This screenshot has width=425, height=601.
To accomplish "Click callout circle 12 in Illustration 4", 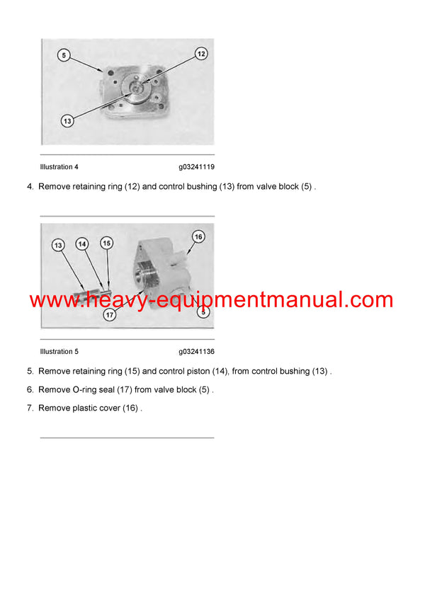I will [200, 54].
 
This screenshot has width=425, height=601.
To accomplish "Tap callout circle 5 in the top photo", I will [64, 55].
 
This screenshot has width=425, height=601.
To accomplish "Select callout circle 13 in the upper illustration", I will [67, 121].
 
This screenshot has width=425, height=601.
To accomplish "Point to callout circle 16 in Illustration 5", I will [198, 236].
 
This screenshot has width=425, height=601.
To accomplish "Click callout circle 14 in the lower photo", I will [82, 244].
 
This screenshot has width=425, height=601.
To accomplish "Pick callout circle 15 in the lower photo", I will [106, 243].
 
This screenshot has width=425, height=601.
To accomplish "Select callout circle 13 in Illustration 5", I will [58, 245].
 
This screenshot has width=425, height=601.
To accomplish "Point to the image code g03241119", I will [196, 167].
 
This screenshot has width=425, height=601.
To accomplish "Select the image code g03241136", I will [196, 351].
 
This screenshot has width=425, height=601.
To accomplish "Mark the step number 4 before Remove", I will [30, 187].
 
